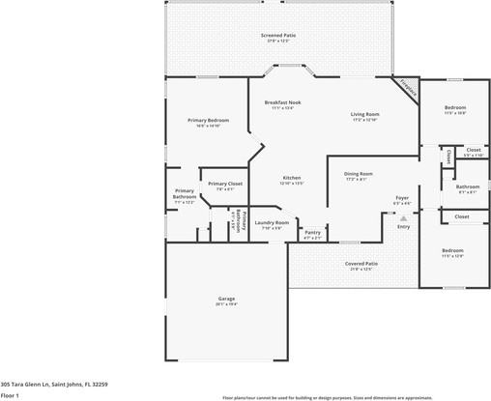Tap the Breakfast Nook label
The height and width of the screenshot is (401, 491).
click(281, 102)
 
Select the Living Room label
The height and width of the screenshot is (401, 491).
click(364, 114)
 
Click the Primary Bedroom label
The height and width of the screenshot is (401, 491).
click(208, 120)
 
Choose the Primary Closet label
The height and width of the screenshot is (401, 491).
click(224, 184)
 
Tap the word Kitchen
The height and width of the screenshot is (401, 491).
click(291, 178)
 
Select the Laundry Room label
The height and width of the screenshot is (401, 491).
click(272, 222)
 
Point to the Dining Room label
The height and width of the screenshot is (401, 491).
click(359, 174)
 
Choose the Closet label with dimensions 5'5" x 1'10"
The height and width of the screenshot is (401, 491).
click(473, 150)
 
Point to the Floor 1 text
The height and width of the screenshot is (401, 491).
click(11, 395)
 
